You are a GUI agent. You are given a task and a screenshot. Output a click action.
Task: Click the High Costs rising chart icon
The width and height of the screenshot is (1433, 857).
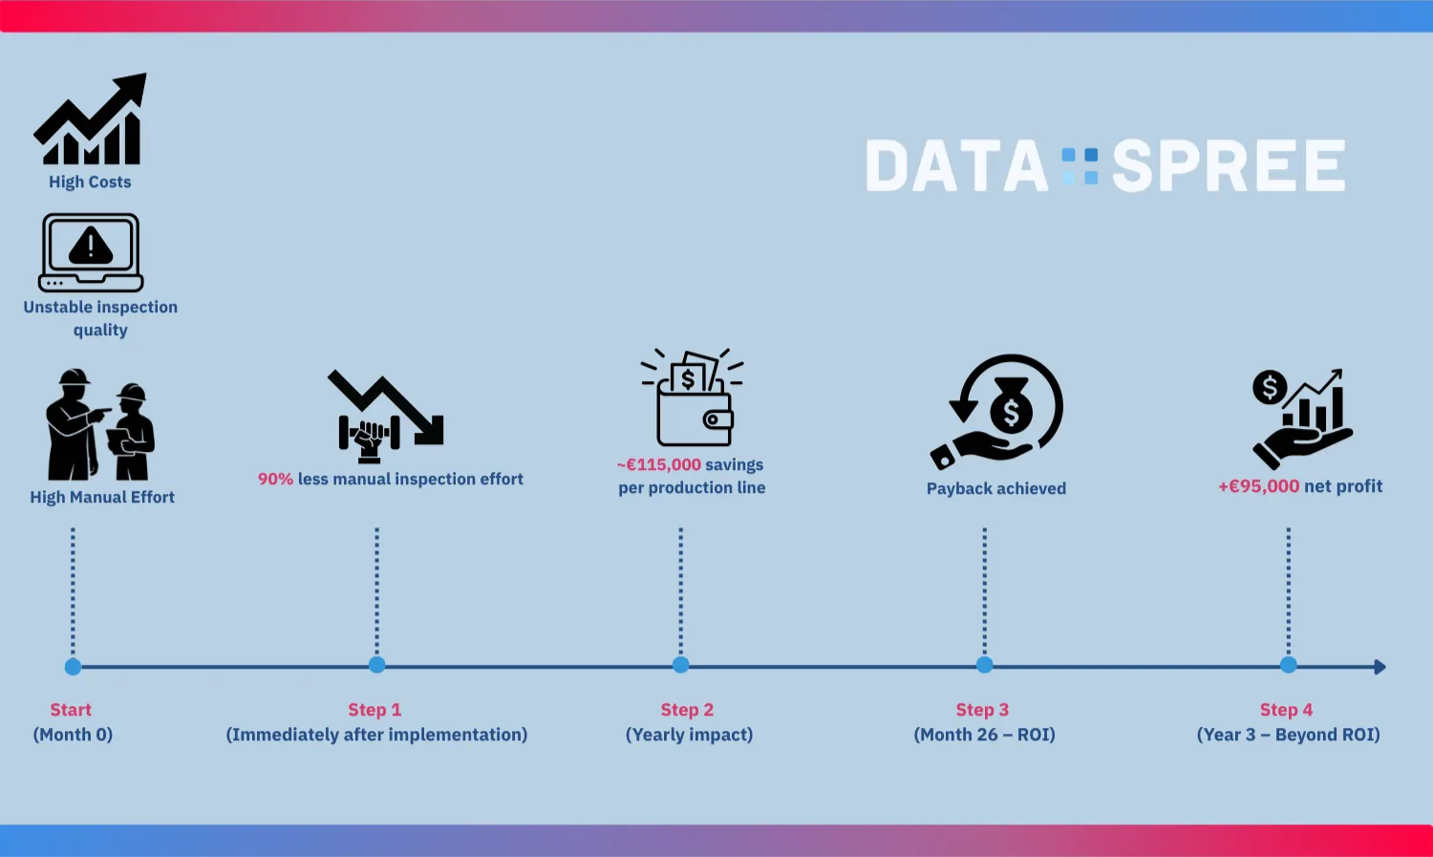(x=91, y=120)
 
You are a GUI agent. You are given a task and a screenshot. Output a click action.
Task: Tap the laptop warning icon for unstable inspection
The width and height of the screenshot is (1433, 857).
(x=91, y=251)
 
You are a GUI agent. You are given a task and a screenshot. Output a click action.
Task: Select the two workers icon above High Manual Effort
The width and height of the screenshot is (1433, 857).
(x=100, y=425)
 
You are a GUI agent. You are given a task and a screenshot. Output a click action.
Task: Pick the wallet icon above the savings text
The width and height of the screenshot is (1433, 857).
(x=694, y=399)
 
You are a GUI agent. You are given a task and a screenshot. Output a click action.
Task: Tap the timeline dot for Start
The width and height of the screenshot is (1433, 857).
(x=73, y=666)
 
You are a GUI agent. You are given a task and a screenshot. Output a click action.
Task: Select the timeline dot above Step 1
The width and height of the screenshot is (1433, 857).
(x=376, y=665)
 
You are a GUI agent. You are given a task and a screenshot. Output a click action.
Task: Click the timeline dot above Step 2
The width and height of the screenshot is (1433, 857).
(x=680, y=665)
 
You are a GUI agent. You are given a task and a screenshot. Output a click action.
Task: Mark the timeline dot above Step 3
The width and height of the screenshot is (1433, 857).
(x=984, y=665)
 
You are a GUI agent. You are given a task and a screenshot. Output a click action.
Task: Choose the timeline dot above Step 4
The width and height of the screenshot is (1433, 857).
(x=1288, y=665)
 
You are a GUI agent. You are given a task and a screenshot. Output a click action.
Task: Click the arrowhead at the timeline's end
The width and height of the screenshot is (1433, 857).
(x=1380, y=667)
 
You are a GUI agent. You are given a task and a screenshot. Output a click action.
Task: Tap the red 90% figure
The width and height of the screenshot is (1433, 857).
(x=275, y=479)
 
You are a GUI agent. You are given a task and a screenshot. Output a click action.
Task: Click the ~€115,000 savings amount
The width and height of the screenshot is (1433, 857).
(x=659, y=464)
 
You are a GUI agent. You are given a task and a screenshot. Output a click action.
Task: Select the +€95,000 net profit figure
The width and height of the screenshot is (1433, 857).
(x=1259, y=486)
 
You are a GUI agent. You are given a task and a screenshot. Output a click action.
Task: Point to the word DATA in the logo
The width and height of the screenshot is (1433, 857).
(x=956, y=166)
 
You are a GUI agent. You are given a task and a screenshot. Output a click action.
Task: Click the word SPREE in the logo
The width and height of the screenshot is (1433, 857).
(x=1229, y=166)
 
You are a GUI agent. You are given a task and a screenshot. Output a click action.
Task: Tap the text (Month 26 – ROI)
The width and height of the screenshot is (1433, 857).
(x=984, y=735)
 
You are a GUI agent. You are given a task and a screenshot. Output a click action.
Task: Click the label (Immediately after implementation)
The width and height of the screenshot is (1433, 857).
(x=376, y=735)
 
